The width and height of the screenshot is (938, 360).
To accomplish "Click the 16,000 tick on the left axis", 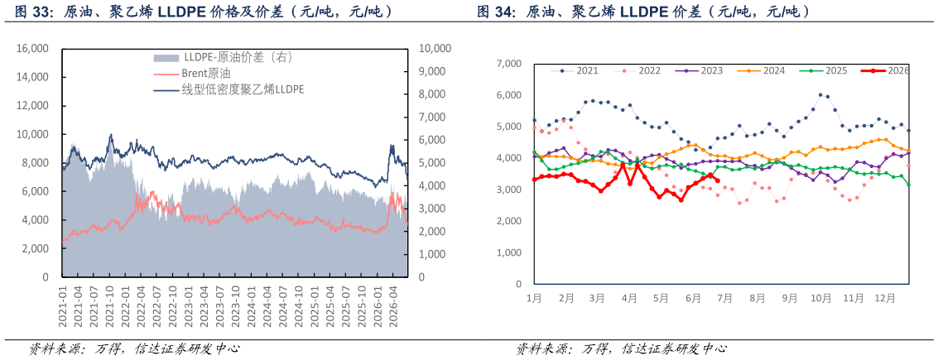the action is coord(36,49).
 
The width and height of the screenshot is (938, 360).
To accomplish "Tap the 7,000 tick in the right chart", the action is coord(509,64).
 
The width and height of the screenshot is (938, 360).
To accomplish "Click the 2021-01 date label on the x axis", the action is coord(64,305).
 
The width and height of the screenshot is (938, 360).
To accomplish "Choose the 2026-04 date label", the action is coord(393,305).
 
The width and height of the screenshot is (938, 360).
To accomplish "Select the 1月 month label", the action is coord(534,297).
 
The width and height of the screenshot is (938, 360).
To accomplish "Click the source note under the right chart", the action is coord(622,348).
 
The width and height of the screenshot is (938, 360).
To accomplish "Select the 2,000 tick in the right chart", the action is coord(509,221).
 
